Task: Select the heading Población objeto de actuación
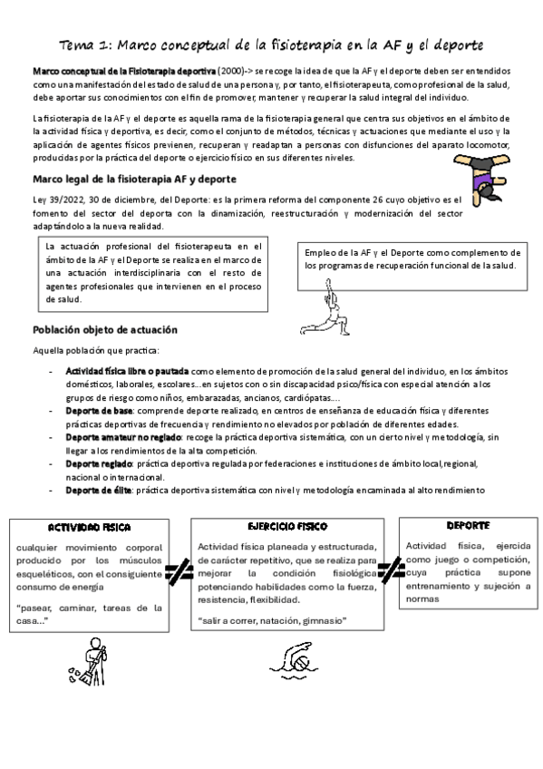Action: [x=105, y=329]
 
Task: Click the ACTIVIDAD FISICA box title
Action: [x=90, y=527]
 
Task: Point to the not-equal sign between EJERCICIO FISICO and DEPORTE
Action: [x=391, y=571]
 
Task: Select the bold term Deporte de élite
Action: [x=98, y=490]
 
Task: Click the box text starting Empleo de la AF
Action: [x=412, y=259]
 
